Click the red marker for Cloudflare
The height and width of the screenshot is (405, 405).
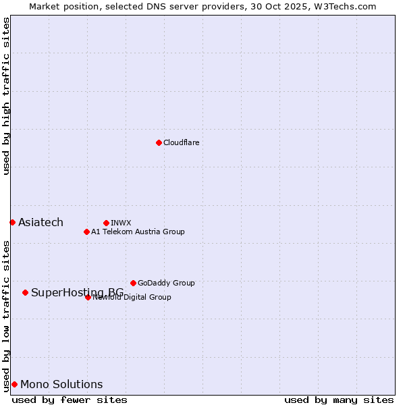pos(159,142)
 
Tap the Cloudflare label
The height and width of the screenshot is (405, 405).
pos(181,142)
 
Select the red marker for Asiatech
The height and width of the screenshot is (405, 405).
pos(12,222)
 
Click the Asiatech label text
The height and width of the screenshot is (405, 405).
pos(40,223)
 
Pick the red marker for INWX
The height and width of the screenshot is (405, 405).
pos(106,223)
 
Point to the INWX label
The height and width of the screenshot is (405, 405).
pos(121,223)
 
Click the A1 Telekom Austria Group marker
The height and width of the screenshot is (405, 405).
pos(86,232)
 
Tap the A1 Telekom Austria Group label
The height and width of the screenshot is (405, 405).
pos(138,232)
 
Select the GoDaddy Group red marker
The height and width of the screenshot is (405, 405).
pos(133,283)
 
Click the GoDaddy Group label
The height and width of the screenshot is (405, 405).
pos(166,283)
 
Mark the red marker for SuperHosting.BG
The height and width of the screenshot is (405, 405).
pos(25,292)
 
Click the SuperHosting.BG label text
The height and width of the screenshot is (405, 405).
pos(77,292)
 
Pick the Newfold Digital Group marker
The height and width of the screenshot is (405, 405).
pos(88,297)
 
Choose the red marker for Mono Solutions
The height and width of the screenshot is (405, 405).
pos(14,384)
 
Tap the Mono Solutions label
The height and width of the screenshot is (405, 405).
pos(61,385)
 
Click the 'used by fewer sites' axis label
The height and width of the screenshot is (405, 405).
pos(70,400)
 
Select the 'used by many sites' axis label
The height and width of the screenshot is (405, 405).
pos(339,400)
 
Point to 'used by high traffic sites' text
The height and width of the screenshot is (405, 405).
pos(6,96)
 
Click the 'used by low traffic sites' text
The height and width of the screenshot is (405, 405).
pos(6,316)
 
